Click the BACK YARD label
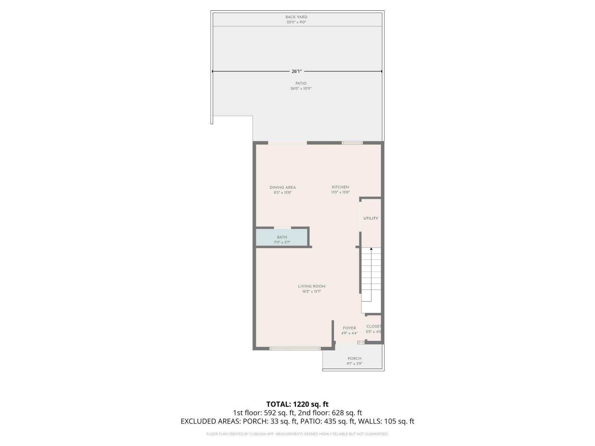[296, 17]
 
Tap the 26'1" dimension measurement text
[296, 71]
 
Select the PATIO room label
[301, 83]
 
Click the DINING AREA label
[283, 187]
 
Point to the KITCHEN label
[340, 187]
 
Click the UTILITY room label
[371, 219]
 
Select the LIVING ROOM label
[312, 286]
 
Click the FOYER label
[349, 328]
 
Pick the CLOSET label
[373, 326]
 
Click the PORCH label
[354, 359]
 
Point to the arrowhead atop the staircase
[371, 249]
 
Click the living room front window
[295, 349]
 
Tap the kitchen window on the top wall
[352, 143]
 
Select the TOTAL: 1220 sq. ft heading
[297, 404]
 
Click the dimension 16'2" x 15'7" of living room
[312, 292]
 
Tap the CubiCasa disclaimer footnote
[297, 434]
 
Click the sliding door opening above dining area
[287, 143]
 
